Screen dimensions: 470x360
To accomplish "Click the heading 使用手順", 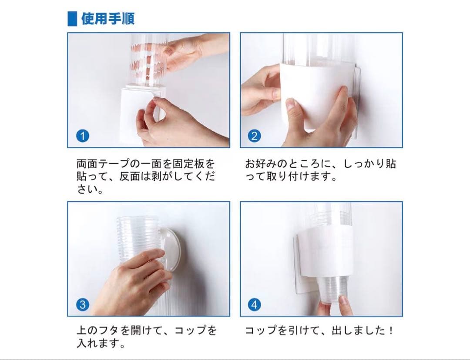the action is click(x=108, y=19).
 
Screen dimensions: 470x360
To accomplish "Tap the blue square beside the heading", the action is click(x=72, y=19).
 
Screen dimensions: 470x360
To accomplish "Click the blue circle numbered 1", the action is click(x=82, y=136).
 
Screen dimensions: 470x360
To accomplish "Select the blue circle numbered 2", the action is click(x=254, y=136).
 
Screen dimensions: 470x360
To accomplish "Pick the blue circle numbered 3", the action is click(x=82, y=305).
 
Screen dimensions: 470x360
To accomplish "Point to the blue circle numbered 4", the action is click(x=254, y=305).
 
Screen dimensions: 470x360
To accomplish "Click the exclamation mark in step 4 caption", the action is click(x=391, y=330).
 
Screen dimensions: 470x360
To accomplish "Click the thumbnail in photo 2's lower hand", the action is click(x=290, y=103).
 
